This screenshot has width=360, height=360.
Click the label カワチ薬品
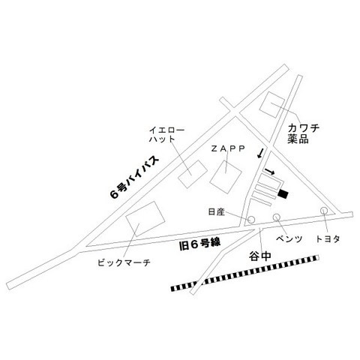(x=303, y=133)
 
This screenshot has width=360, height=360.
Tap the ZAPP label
(x=228, y=148)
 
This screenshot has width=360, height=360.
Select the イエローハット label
(x=166, y=135)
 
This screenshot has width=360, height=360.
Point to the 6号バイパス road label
(x=134, y=177)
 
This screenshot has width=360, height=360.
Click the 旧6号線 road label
(x=200, y=244)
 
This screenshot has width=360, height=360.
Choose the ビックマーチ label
(x=124, y=262)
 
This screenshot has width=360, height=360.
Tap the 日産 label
(x=217, y=212)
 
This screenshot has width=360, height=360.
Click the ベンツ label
(x=289, y=239)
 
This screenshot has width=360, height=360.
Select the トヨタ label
(x=328, y=239)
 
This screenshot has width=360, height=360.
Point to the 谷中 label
(x=260, y=256)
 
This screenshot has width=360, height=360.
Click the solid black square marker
(x=283, y=193)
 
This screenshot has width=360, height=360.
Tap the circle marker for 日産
(x=251, y=220)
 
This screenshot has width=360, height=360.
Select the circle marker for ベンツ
(x=276, y=217)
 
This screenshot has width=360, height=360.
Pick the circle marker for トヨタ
(x=324, y=211)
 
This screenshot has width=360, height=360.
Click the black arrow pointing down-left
(x=260, y=153)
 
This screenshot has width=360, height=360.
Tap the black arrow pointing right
(x=270, y=171)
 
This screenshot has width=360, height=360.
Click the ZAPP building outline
(x=226, y=176)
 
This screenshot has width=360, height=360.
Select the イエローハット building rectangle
(x=193, y=174)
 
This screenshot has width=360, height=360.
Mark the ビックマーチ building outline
(x=145, y=219)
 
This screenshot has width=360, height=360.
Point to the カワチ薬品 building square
(x=272, y=105)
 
